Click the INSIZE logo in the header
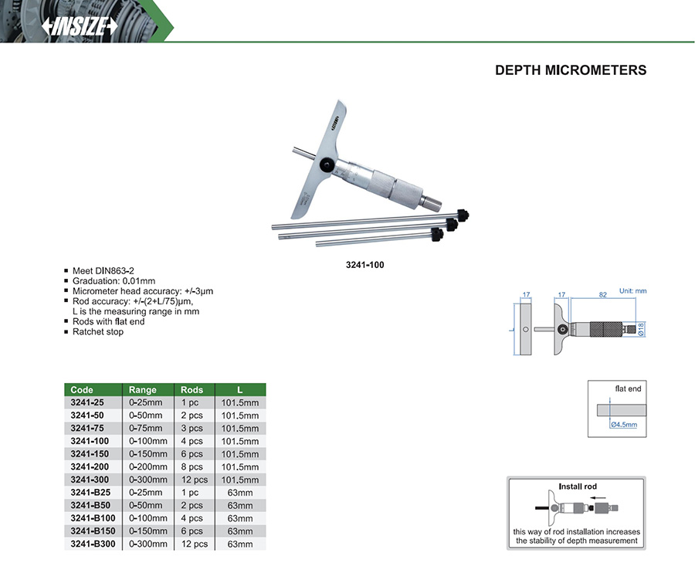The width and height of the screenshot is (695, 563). [x=80, y=26]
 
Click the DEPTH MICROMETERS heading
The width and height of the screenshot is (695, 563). [x=571, y=70]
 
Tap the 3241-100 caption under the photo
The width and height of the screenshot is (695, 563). [x=364, y=265]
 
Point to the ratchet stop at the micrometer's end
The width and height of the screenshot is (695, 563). [x=431, y=202]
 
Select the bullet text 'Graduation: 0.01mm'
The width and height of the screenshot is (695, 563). [x=114, y=281]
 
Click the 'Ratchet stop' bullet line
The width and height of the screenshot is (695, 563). [x=98, y=332]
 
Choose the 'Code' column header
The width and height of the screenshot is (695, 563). [x=82, y=390]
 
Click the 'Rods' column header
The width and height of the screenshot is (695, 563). [x=192, y=390]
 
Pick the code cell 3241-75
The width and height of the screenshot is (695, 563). [x=87, y=428]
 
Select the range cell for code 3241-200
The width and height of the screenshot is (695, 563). [x=148, y=466]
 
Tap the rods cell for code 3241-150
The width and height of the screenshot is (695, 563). [x=192, y=454]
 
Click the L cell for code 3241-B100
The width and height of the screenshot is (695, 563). [x=240, y=518]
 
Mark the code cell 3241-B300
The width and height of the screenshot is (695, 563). [x=93, y=544]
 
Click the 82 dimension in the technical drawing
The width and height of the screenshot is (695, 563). [x=603, y=295]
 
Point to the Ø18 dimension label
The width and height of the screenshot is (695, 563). [x=641, y=329]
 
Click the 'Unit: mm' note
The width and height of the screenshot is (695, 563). [x=633, y=291]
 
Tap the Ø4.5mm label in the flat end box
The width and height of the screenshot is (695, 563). [x=624, y=425]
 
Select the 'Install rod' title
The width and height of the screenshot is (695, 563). [x=578, y=487]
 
